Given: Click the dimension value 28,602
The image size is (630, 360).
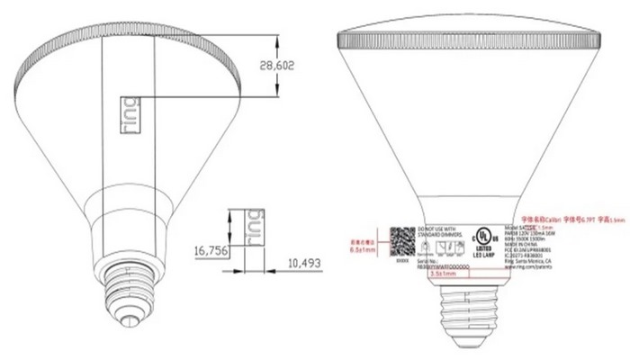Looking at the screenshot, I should [278, 67].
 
